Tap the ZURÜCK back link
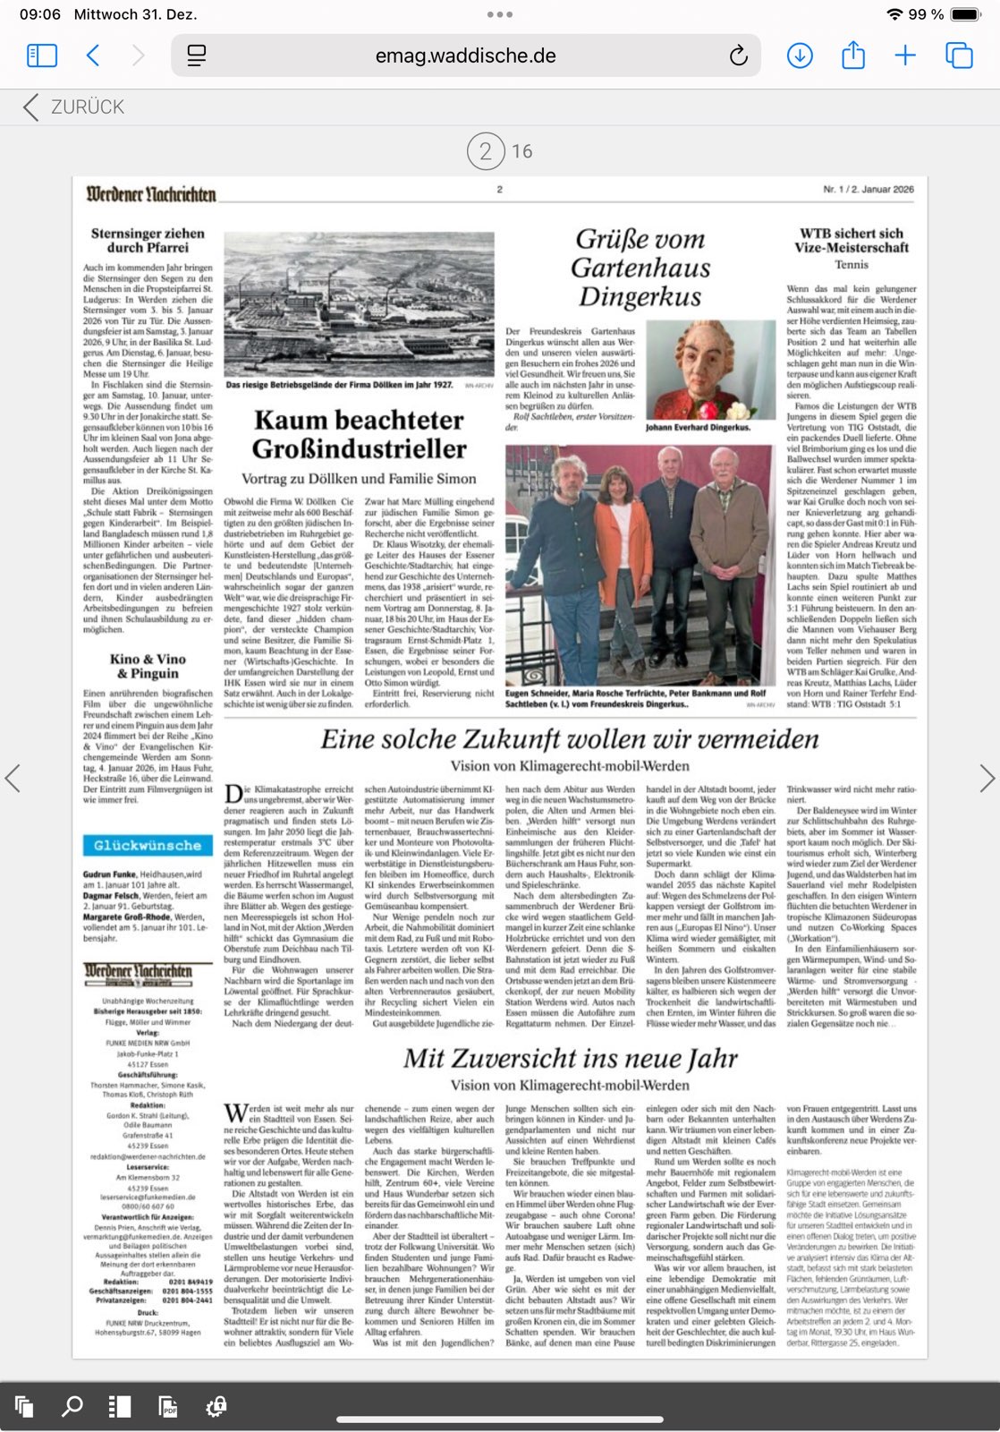(75, 107)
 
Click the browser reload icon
(738, 56)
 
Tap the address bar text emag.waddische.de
(465, 56)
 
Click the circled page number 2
(485, 151)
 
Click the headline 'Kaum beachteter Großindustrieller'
(359, 434)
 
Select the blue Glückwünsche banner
(148, 845)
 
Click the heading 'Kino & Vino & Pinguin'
(148, 666)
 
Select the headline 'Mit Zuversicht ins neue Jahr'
(570, 1059)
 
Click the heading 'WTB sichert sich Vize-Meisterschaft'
(851, 240)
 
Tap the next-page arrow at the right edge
(987, 778)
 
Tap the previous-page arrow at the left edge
(13, 778)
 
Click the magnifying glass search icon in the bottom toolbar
(72, 1406)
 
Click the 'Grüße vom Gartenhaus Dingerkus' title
(640, 268)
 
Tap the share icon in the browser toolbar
(853, 56)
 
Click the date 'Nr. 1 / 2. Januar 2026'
(868, 190)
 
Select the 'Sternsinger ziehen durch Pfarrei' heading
(148, 240)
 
